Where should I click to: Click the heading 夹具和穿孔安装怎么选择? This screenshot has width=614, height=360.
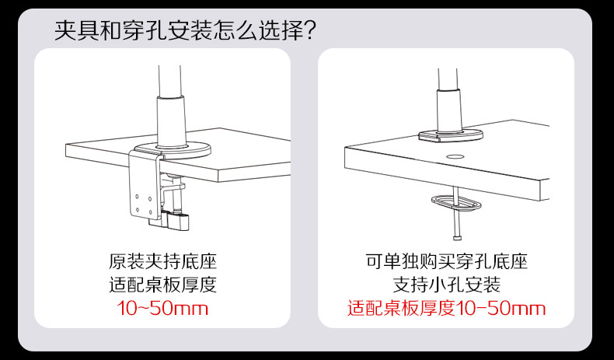[185, 32]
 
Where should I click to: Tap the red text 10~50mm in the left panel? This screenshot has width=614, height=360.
[162, 308]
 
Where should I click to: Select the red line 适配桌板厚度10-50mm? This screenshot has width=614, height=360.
[446, 308]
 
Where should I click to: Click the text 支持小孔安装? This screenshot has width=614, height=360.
[446, 284]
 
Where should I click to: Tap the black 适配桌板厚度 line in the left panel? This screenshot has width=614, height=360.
[162, 284]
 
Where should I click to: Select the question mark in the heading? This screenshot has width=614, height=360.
[307, 32]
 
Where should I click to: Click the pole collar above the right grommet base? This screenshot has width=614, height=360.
[448, 109]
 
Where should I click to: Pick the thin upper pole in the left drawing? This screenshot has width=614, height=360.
[171, 78]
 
